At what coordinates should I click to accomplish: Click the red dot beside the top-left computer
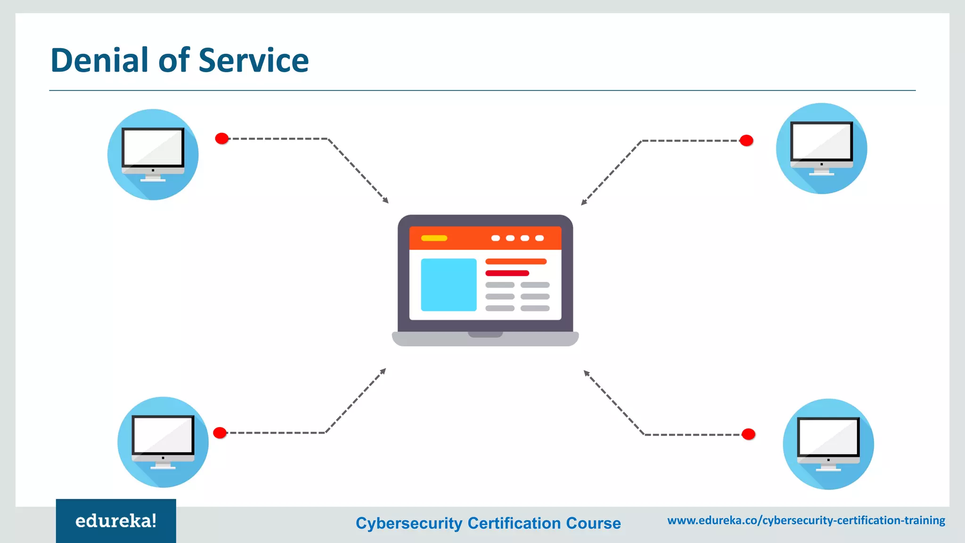pyautogui.click(x=222, y=139)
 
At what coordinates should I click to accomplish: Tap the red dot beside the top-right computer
pyautogui.click(x=746, y=140)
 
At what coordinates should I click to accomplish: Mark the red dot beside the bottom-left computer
pyautogui.click(x=220, y=433)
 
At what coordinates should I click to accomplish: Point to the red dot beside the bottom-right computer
pyautogui.click(x=748, y=434)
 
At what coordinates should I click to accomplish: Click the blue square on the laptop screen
pyautogui.click(x=449, y=285)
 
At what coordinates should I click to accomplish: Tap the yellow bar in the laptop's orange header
pyautogui.click(x=434, y=238)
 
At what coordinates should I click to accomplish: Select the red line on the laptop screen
pyautogui.click(x=507, y=273)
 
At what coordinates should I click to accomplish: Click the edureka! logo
pyautogui.click(x=116, y=521)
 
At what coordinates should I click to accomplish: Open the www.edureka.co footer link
pyautogui.click(x=806, y=520)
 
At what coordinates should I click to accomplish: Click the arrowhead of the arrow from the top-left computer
pyautogui.click(x=386, y=201)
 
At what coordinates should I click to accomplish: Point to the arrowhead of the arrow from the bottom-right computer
pyautogui.click(x=586, y=373)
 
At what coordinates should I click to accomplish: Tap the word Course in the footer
pyautogui.click(x=593, y=523)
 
